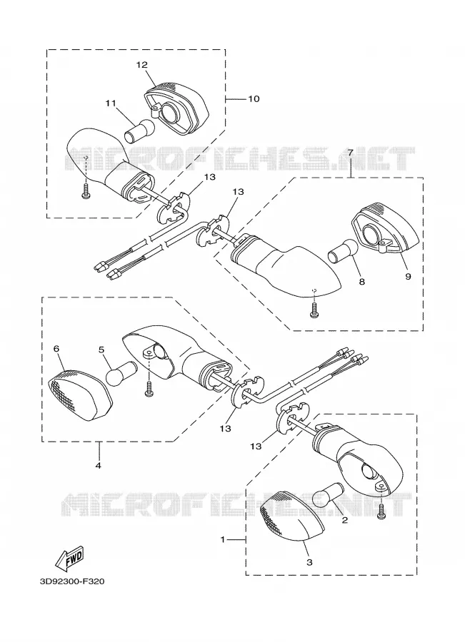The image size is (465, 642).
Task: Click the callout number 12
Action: [142, 65]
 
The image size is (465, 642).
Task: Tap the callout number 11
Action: [111, 103]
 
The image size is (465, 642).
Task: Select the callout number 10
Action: [254, 98]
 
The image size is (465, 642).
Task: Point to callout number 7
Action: [351, 153]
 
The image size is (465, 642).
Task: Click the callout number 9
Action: [408, 276]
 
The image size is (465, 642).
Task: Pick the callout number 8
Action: [361, 282]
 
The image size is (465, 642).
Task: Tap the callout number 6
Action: [56, 348]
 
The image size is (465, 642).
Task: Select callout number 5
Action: [101, 350]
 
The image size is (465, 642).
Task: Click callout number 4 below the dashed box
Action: [99, 465]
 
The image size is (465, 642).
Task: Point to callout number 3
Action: [309, 562]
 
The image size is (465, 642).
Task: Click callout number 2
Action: [345, 521]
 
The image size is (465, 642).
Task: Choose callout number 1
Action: [223, 540]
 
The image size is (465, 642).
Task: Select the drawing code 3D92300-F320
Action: [72, 582]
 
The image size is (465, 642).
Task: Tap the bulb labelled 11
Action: [140, 131]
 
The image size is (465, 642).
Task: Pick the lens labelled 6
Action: [81, 395]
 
